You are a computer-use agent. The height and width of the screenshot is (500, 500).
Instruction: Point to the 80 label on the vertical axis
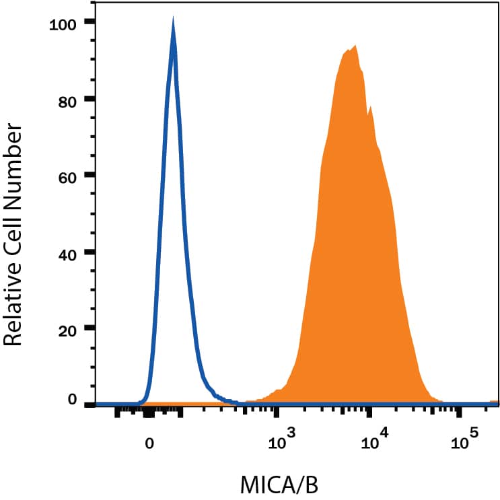tap(66, 99)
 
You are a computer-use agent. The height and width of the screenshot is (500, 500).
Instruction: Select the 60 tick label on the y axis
tap(66, 176)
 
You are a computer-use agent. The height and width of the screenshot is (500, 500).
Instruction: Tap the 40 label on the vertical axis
tap(66, 252)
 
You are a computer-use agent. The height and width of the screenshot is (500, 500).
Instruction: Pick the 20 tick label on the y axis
tap(66, 329)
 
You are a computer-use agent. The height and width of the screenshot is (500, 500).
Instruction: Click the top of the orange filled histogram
tap(354, 46)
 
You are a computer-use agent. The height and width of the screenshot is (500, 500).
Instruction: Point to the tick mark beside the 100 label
tap(90, 22)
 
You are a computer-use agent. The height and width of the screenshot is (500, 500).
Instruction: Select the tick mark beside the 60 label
tap(90, 176)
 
